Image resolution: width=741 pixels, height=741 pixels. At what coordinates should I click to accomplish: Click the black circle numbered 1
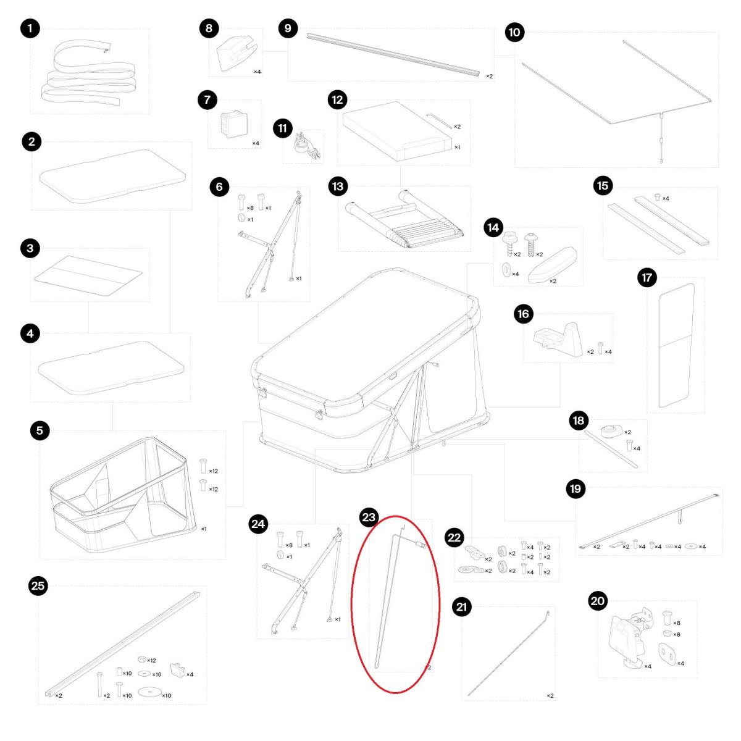tap(30, 28)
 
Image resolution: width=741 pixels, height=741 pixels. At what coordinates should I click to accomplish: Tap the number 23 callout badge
tap(369, 517)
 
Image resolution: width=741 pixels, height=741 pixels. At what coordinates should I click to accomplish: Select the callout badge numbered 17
tap(647, 277)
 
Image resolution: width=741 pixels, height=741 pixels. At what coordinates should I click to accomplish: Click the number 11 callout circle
tap(282, 128)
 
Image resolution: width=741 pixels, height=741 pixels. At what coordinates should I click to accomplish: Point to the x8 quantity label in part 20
tap(676, 623)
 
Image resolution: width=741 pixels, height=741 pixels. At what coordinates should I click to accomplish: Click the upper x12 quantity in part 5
tap(213, 471)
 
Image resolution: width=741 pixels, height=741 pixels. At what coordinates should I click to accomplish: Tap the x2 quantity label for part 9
tap(489, 76)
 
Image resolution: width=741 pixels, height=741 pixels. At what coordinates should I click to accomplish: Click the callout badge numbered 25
tap(38, 585)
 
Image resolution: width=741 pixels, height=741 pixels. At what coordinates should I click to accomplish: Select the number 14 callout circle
tap(493, 228)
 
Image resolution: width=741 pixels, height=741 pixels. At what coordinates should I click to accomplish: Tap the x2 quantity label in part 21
tap(550, 696)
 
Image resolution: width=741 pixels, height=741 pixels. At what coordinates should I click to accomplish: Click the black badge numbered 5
tap(40, 430)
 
